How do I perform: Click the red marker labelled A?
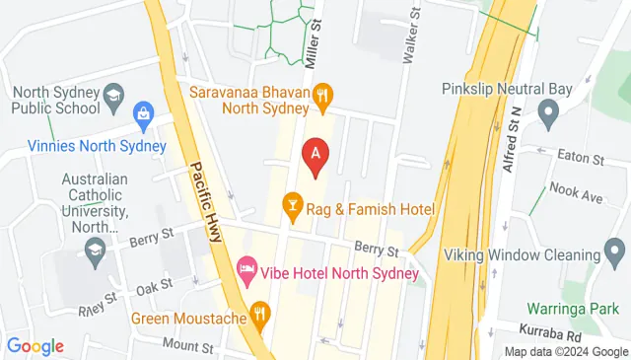click(x=315, y=154)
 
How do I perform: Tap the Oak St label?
click(x=155, y=285)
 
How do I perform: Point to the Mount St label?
click(x=187, y=346)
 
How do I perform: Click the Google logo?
click(x=35, y=346)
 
